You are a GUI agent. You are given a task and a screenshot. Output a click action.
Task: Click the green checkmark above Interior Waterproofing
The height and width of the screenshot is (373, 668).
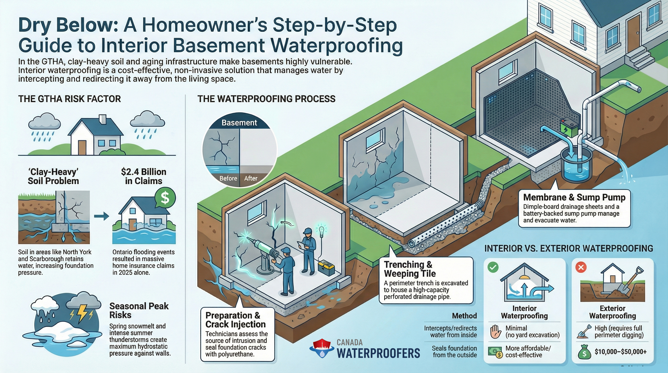tap(493, 267)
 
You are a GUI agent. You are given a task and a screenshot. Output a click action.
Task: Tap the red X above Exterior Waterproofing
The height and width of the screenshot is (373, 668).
tap(581, 267)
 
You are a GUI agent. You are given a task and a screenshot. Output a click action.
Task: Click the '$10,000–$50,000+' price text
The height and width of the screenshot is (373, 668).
tap(620, 352)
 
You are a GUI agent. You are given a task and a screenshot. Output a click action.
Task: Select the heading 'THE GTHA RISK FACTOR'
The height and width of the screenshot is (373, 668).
tap(69, 99)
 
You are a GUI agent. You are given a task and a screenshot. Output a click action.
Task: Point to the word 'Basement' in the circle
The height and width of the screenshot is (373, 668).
tap(239, 123)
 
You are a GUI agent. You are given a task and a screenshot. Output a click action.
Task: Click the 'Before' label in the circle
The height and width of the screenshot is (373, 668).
tap(228, 178)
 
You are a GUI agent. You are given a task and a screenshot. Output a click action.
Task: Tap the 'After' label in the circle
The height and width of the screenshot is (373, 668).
tap(251, 178)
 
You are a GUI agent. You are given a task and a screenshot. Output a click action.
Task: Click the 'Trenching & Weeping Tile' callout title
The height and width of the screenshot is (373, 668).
tap(410, 269)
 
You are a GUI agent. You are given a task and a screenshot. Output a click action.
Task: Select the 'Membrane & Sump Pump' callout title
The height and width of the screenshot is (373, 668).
tap(574, 197)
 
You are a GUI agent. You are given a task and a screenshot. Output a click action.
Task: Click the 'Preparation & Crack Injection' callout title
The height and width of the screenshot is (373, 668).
tap(235, 320)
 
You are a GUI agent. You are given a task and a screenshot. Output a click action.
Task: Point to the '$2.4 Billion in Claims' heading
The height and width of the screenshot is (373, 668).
tap(143, 176)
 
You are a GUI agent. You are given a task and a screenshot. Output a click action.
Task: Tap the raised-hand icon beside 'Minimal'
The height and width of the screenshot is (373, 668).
tap(495, 332)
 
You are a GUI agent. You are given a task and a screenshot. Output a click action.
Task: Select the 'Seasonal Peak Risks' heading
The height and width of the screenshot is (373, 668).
tap(139, 311)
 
